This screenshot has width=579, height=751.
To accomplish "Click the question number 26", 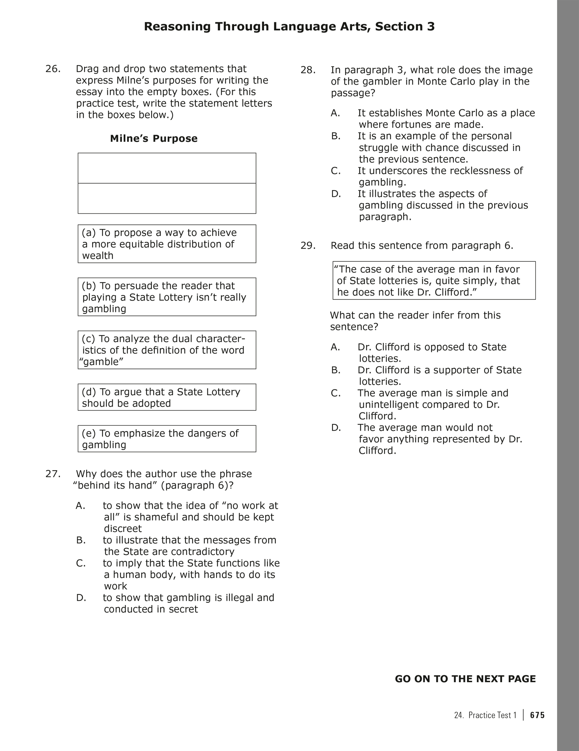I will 53,69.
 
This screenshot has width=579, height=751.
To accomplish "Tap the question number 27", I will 53,474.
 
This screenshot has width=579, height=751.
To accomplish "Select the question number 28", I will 308,70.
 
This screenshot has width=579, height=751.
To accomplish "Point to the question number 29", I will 308,246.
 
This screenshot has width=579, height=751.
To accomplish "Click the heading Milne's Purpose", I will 154,139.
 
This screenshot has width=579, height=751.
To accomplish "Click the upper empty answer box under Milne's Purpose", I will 167,168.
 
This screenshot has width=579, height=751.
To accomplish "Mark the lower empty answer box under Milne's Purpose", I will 167,198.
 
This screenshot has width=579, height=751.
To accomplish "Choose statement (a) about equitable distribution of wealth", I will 167,244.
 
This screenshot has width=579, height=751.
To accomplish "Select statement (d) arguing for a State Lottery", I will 167,397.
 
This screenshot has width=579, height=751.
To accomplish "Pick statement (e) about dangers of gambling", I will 167,438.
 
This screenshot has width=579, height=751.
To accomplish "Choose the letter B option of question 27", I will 81,540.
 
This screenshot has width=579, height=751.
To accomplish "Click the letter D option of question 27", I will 81,598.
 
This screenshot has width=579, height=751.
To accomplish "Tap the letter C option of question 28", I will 336,171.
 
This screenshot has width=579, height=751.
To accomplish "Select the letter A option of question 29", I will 335,347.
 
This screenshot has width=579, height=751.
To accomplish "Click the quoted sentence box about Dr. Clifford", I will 434,280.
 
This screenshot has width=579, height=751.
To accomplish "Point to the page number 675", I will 537,715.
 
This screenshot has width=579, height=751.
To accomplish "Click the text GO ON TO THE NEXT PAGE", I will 465,679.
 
